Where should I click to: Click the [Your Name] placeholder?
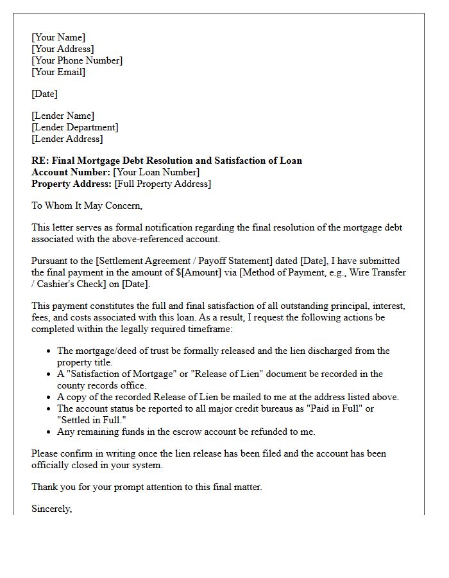coord(58,37)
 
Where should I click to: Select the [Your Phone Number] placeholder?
coord(77,60)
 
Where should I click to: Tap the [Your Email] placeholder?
coord(58,72)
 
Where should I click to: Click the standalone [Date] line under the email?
coord(44,94)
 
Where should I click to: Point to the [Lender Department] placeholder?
coord(75,127)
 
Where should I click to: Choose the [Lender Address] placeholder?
coord(67,139)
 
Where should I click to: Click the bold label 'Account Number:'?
coord(71,172)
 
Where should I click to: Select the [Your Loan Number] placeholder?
coord(156,172)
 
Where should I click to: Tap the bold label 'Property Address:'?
coord(72,184)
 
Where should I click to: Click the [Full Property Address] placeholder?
coord(162,184)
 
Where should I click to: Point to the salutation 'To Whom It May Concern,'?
coord(87,206)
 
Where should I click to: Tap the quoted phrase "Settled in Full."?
coord(92,420)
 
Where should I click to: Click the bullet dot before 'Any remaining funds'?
coord(49,432)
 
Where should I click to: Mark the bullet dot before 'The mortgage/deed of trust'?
coord(49,351)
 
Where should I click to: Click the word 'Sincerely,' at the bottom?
coord(52,509)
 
